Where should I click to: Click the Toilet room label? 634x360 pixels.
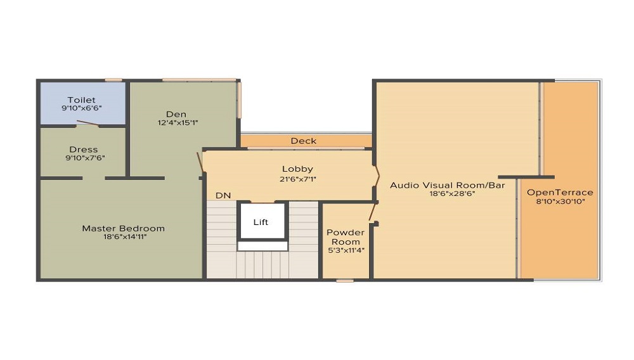pos(81,100)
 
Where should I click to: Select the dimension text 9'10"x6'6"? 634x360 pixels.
pos(81,108)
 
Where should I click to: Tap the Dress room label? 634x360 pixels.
pos(83,150)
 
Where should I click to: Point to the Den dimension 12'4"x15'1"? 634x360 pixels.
pos(176,122)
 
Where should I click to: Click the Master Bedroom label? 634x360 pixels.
pos(123,228)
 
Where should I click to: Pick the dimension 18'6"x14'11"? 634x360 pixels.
pos(123,237)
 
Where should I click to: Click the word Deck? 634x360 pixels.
pos(303,141)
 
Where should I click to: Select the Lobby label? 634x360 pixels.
pos(297,169)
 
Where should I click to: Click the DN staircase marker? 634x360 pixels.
pos(223,196)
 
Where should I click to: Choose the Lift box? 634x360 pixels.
pos(261,222)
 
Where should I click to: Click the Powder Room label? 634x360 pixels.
pos(346,237)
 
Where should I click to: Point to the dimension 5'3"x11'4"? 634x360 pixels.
pos(346,250)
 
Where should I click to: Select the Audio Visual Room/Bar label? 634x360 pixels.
pos(447,185)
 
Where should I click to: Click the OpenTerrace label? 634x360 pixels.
pos(560,192)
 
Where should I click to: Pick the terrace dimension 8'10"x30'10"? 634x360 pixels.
pos(560,201)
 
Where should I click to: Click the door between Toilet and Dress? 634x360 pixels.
pos(83,124)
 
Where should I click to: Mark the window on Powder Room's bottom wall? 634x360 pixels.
pos(345,280)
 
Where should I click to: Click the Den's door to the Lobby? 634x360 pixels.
pos(200,162)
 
